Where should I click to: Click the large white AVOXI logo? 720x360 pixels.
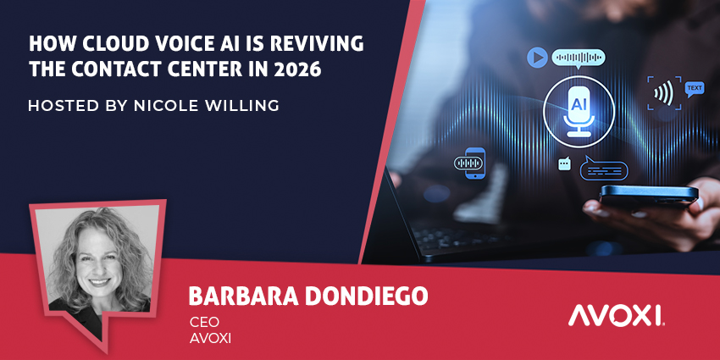pyautogui.click(x=616, y=317)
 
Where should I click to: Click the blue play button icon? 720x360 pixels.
pyautogui.click(x=535, y=58)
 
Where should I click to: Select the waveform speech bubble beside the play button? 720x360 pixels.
pyautogui.click(x=579, y=58)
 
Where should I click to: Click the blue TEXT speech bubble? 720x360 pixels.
pyautogui.click(x=695, y=88)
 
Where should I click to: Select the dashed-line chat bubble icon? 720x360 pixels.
pyautogui.click(x=604, y=169)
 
